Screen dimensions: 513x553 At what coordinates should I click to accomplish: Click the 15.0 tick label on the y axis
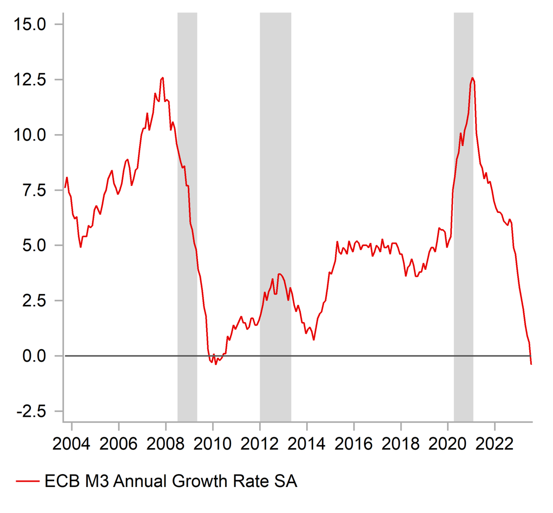(31, 24)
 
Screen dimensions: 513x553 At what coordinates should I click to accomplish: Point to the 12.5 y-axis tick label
(31, 79)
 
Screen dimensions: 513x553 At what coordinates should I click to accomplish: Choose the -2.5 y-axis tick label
(33, 411)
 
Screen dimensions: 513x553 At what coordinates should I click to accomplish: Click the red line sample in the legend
(27, 481)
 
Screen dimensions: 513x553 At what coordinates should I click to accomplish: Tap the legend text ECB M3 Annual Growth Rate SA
(170, 481)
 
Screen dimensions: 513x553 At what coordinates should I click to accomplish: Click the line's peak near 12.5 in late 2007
(162, 78)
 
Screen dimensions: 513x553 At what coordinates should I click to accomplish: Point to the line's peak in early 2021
(472, 78)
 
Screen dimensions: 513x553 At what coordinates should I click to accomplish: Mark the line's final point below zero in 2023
(531, 364)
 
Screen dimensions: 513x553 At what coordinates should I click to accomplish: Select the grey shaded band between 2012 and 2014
(275, 216)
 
